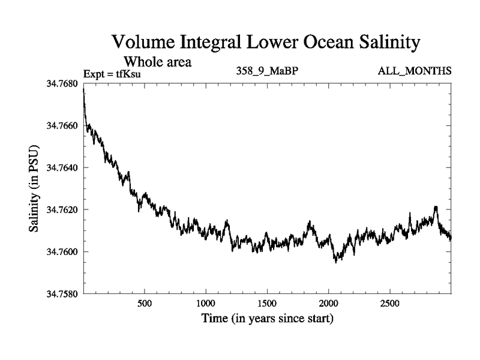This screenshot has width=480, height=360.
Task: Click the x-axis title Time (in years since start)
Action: coord(267,318)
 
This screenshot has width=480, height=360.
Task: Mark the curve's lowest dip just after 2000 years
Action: coord(337,262)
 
